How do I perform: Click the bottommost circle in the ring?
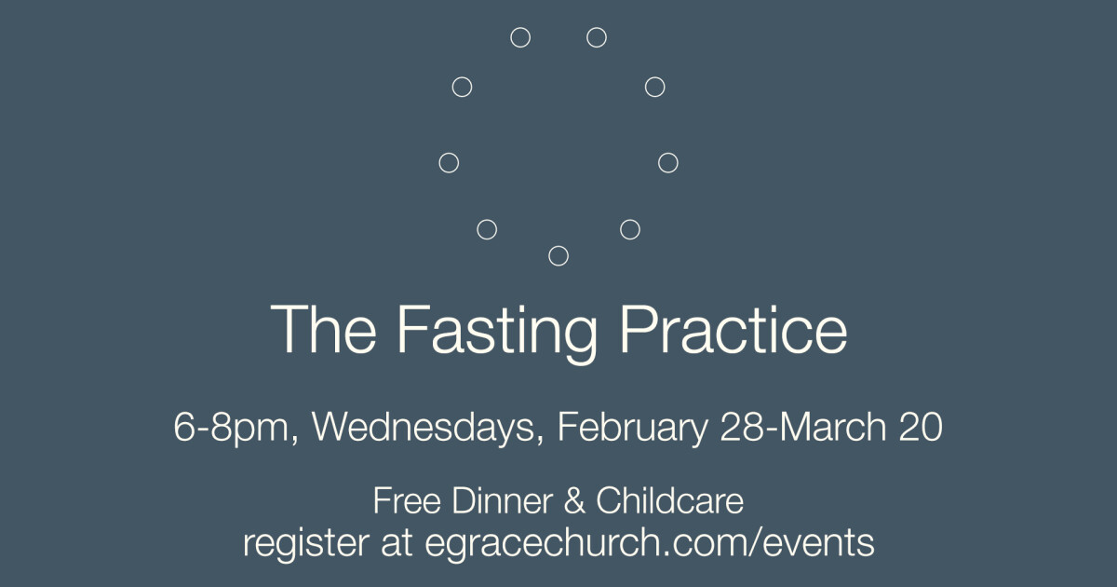[x=558, y=255]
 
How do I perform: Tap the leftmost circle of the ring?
[x=449, y=163]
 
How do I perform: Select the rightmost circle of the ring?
[x=667, y=163]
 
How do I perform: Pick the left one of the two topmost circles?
[x=520, y=37]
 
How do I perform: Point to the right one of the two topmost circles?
[x=597, y=37]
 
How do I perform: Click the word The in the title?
[x=323, y=329]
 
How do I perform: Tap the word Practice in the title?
[x=733, y=329]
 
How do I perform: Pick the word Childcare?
[x=669, y=501]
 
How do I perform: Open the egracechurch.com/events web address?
[x=649, y=543]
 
